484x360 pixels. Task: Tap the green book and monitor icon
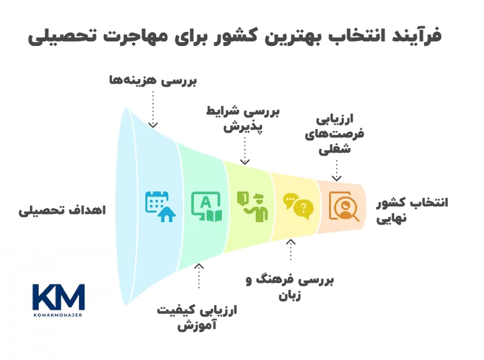coord(207,206)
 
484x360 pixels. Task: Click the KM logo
coord(58,299)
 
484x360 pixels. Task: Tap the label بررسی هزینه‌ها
coord(152,81)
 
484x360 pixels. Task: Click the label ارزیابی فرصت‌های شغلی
coord(335,135)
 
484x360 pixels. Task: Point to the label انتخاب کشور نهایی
coord(411,210)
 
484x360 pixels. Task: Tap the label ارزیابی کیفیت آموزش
coord(198,317)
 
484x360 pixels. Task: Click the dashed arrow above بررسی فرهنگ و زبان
coord(291,251)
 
